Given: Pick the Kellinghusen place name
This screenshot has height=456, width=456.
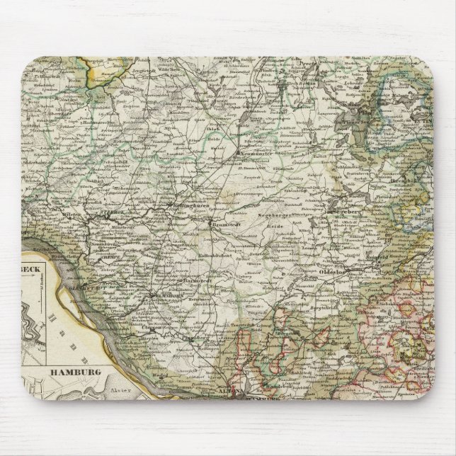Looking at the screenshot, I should [190, 206].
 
